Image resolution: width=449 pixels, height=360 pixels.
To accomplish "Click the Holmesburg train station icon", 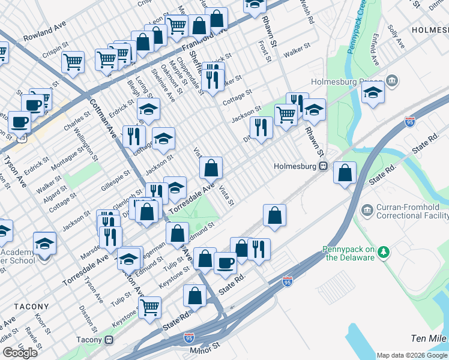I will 322,166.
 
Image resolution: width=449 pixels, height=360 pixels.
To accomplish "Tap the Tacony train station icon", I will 109,340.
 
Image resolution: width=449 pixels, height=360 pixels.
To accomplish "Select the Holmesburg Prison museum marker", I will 393,80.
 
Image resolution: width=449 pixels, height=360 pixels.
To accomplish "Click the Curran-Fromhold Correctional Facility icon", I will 366,211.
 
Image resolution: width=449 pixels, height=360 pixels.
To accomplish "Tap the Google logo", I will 19,353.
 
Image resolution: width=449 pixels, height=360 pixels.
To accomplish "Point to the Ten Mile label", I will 429,339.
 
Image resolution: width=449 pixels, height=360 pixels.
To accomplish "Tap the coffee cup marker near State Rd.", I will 226,262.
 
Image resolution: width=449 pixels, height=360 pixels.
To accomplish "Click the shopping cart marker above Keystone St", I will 149,307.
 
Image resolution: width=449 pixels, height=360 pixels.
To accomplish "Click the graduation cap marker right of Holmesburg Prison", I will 373,93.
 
